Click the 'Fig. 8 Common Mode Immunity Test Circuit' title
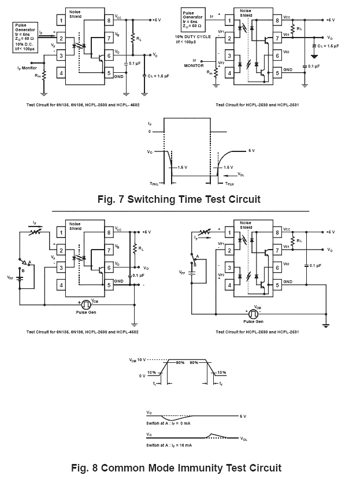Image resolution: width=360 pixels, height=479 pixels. tap(176, 468)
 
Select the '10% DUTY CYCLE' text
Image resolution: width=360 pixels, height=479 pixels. tap(193, 37)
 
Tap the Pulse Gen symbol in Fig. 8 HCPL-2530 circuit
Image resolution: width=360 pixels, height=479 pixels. tap(253, 313)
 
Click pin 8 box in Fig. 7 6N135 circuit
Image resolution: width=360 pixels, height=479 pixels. tap(109, 20)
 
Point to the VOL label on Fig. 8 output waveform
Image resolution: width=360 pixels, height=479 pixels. tap(245, 439)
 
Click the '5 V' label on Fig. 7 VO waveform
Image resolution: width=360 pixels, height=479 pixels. tap(251, 150)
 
